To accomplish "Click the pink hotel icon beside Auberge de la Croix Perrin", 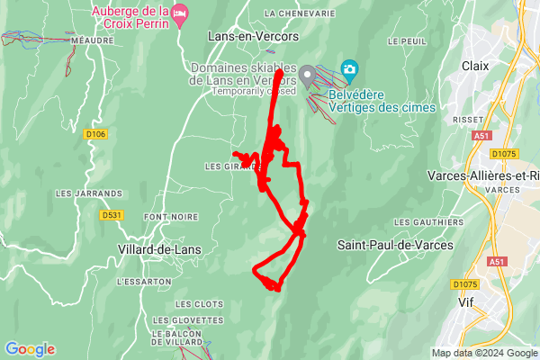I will [x=180, y=13].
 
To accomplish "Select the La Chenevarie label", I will [x=300, y=14].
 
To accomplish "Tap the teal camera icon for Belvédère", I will [x=349, y=69].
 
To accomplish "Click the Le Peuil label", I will [x=407, y=41].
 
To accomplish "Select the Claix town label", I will [x=474, y=66].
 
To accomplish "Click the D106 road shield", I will [x=95, y=134].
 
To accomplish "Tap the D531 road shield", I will [x=112, y=215].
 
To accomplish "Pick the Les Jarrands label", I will [x=88, y=193].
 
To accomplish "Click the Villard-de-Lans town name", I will [x=159, y=249].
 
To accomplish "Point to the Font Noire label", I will [x=170, y=217].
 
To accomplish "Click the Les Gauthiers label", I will [x=421, y=222].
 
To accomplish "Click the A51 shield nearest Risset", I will [x=482, y=136].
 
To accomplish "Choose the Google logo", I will [x=30, y=349].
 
